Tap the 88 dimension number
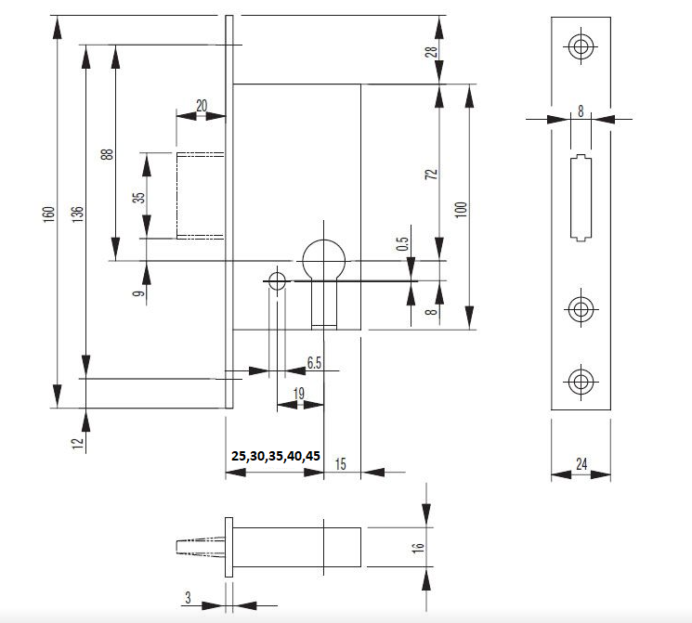(107, 154)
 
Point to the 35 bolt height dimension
(138, 197)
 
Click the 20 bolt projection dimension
(202, 105)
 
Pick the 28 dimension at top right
(431, 51)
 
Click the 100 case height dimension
(460, 208)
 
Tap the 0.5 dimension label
(402, 244)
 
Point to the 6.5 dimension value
(314, 363)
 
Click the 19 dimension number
(299, 394)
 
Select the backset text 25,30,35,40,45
(276, 456)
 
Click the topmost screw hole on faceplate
(581, 47)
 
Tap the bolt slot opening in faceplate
(580, 197)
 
